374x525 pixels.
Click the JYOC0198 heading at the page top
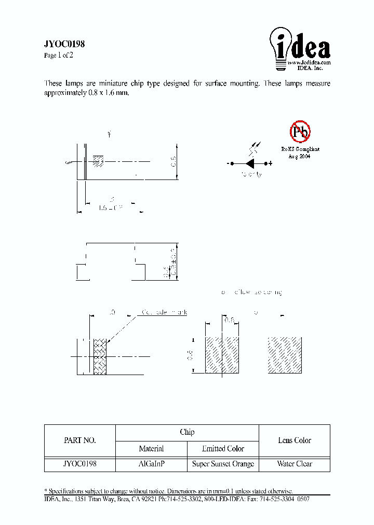click(x=64, y=45)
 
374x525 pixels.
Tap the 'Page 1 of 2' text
click(x=59, y=56)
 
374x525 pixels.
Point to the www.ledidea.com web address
click(x=309, y=62)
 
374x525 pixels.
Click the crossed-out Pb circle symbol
click(x=300, y=132)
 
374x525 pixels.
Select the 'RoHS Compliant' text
click(x=300, y=149)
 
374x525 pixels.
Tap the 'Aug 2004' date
click(x=300, y=156)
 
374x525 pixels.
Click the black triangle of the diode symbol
click(x=250, y=163)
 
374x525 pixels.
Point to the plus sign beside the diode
click(x=271, y=163)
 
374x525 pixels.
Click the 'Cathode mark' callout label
click(x=164, y=312)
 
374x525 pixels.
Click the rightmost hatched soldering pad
click(x=285, y=355)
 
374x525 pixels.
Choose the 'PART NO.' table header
click(x=79, y=440)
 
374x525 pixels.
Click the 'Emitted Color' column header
click(x=223, y=448)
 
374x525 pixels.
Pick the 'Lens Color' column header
click(x=295, y=440)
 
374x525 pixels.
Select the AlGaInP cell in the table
click(x=151, y=464)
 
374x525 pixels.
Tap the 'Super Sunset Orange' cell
click(x=223, y=464)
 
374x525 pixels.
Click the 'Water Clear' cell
click(x=295, y=464)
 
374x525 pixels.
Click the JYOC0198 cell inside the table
click(x=79, y=464)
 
